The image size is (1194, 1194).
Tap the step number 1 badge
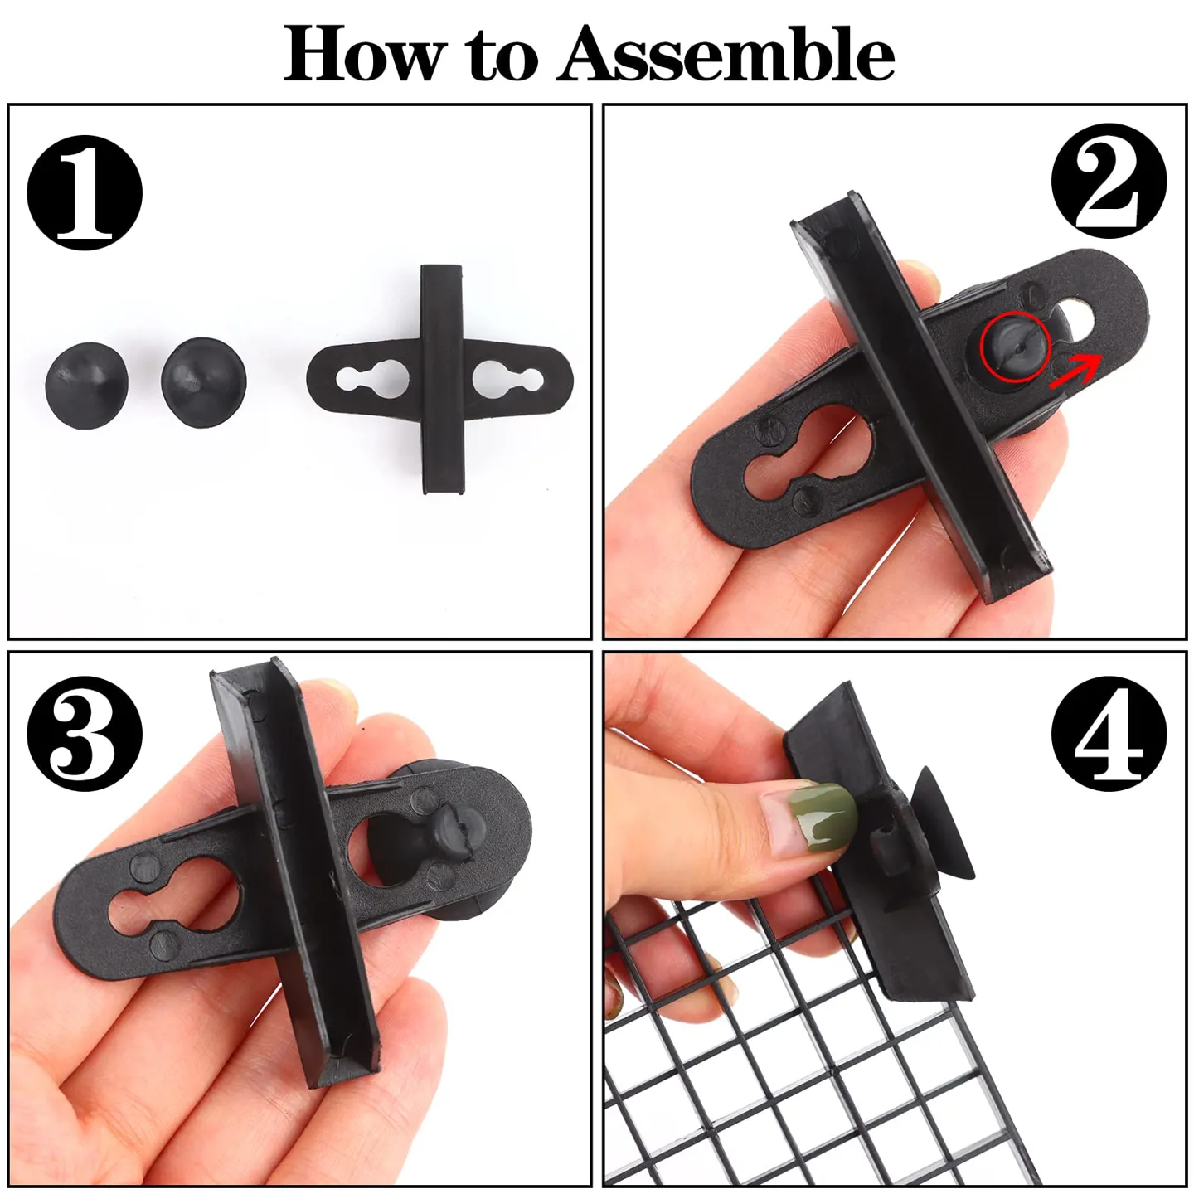(x=85, y=192)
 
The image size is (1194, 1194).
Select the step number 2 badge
(x=1109, y=180)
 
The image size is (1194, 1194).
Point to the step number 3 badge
(x=85, y=733)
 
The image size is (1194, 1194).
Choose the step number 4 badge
(x=1109, y=733)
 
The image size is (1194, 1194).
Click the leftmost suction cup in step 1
(x=87, y=386)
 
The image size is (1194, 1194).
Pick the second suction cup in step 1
(x=204, y=382)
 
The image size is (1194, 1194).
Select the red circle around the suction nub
(x=1015, y=347)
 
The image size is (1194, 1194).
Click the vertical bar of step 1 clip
(x=442, y=379)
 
